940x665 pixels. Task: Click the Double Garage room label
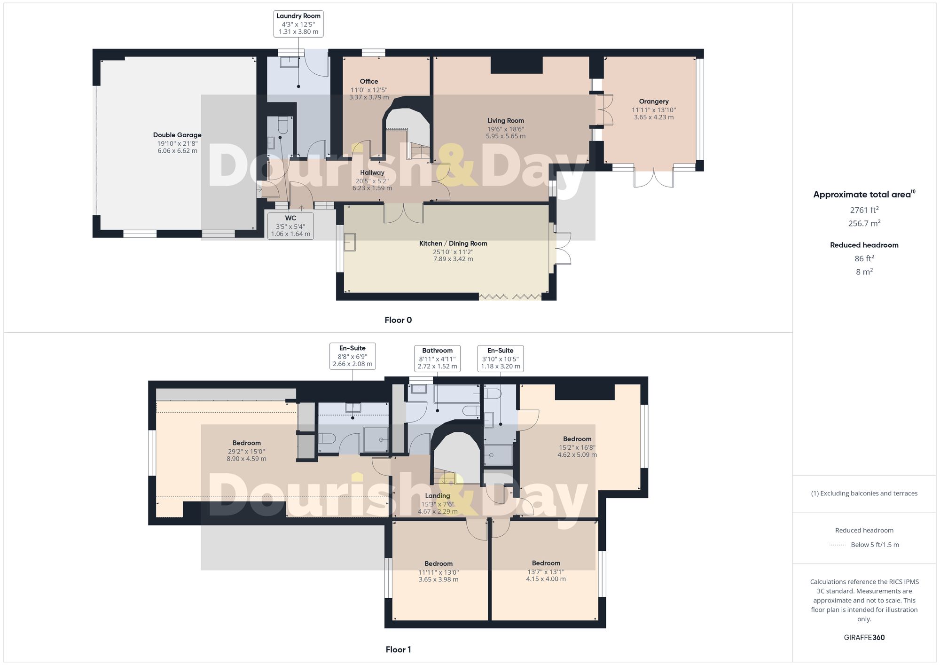click(177, 135)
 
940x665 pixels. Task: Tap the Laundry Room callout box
click(298, 24)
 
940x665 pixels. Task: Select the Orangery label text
click(654, 102)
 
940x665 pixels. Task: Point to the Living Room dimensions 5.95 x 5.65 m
click(506, 136)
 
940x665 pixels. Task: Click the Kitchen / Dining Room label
click(453, 243)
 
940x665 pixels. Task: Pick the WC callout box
click(290, 226)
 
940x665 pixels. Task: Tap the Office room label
click(369, 81)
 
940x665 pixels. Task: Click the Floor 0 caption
click(398, 320)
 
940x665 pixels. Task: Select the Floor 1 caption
click(398, 649)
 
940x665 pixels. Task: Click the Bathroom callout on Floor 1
click(437, 359)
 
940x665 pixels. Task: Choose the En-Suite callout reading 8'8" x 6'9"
click(352, 356)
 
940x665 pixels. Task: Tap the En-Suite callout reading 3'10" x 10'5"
click(501, 359)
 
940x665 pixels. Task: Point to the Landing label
click(438, 496)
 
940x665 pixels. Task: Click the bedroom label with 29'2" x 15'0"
click(247, 443)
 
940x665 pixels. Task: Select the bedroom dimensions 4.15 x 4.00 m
click(546, 579)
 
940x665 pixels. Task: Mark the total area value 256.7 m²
click(864, 223)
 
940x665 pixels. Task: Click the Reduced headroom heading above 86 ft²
click(864, 245)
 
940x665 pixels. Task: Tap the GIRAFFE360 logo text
click(864, 638)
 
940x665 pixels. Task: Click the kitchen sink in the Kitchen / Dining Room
click(350, 243)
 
